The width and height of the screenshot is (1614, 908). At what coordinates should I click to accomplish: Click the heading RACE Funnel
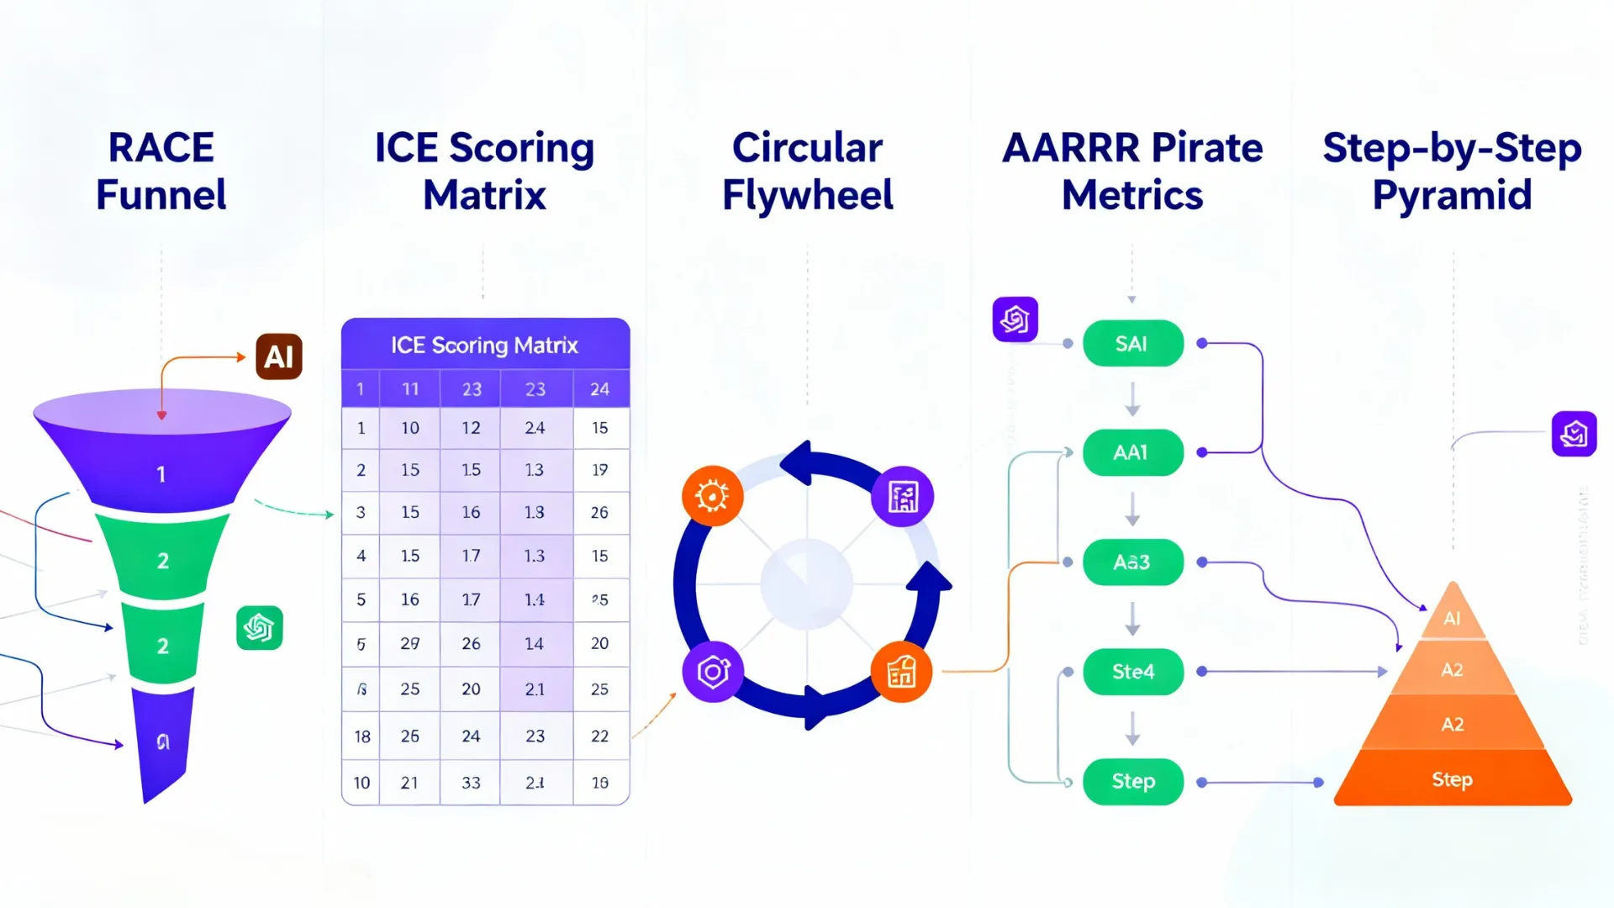(x=161, y=171)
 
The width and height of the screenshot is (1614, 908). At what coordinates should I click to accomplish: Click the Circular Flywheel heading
(x=807, y=171)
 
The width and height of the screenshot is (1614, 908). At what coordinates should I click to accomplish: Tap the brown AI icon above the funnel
(x=279, y=356)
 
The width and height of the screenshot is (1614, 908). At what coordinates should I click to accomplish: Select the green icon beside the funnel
(x=259, y=628)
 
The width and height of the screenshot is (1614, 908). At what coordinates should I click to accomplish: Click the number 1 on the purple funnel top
(x=161, y=474)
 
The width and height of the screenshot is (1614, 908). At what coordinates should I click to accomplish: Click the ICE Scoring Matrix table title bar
(x=485, y=345)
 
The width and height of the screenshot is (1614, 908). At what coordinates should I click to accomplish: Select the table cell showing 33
(x=471, y=783)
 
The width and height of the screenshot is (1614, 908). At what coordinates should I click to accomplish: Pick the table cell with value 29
(x=409, y=643)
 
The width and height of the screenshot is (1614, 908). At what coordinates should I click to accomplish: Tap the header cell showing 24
(x=599, y=389)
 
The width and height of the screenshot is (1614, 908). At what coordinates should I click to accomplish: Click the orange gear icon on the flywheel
(x=712, y=496)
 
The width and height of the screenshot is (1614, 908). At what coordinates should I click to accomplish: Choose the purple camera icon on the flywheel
(x=713, y=672)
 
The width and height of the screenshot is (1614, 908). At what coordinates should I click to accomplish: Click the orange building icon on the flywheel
(x=901, y=672)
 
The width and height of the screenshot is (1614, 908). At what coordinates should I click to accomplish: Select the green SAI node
(x=1132, y=344)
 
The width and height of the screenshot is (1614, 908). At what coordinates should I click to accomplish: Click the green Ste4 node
(x=1132, y=672)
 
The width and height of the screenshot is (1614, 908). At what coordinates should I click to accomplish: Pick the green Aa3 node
(x=1132, y=562)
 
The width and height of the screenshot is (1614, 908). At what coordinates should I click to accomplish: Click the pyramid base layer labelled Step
(x=1452, y=779)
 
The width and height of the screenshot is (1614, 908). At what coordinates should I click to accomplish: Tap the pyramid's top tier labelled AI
(x=1452, y=617)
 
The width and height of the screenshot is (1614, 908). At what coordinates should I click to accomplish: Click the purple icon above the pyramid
(x=1574, y=434)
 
